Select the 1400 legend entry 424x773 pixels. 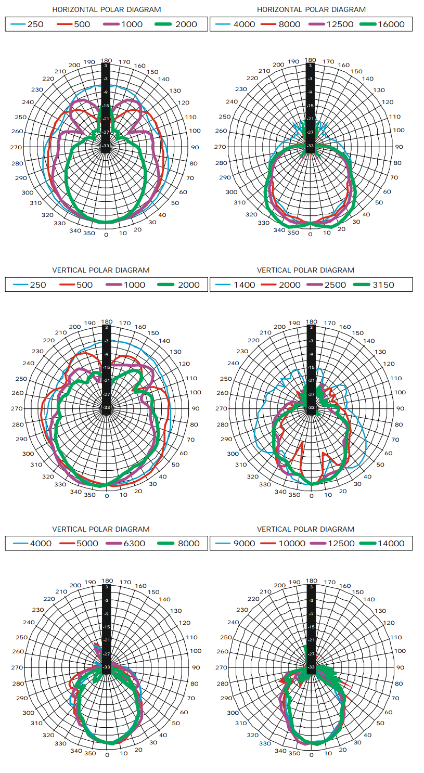(245, 285)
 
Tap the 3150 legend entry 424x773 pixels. (383, 285)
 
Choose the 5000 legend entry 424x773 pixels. (86, 543)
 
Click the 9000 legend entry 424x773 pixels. (245, 543)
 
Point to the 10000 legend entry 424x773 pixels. (289, 543)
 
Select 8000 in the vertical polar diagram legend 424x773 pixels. (188, 543)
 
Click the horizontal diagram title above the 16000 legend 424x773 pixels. (311, 9)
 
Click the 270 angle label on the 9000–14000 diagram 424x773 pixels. (221, 667)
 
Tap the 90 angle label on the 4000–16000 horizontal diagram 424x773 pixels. (399, 147)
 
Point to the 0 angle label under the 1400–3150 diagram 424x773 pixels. (311, 495)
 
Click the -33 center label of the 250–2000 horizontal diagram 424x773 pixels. (106, 146)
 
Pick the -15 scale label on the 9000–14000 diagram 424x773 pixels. (311, 627)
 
